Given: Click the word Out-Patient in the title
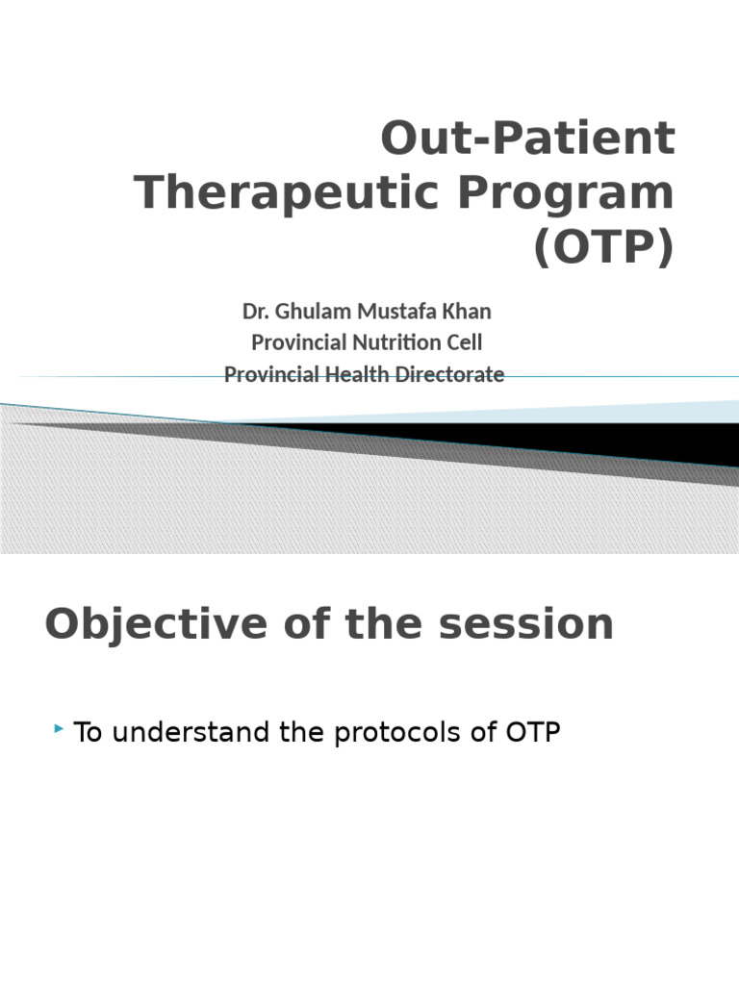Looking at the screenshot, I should coord(528,139).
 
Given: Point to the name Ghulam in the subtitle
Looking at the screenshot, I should coord(305,312).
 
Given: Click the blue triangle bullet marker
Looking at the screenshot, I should coord(61,733).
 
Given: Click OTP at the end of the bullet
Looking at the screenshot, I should coord(532,733).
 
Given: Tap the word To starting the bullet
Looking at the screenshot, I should coord(89,733).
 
